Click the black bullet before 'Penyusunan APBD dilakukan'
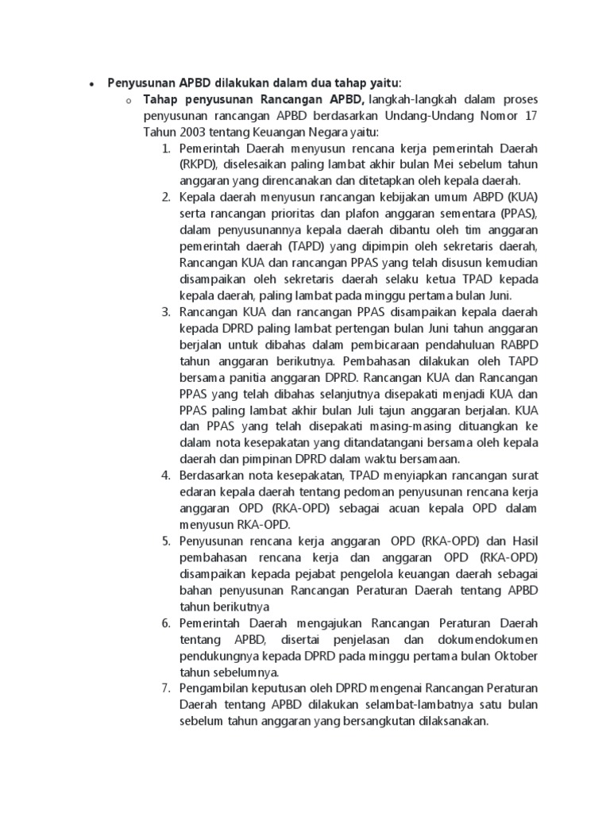(x=91, y=83)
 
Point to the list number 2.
(x=166, y=197)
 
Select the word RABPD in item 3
(x=518, y=345)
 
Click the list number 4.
(x=166, y=476)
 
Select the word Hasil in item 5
(x=521, y=541)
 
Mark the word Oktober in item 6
(x=514, y=656)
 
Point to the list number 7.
(x=166, y=688)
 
